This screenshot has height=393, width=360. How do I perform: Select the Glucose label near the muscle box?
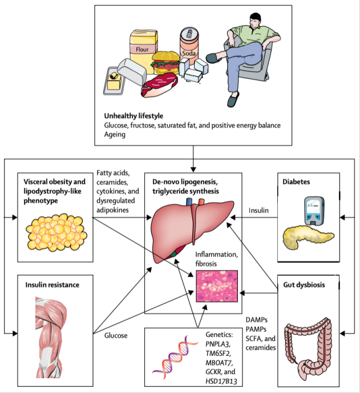[115, 335]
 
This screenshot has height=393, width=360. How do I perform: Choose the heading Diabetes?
[297, 181]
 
